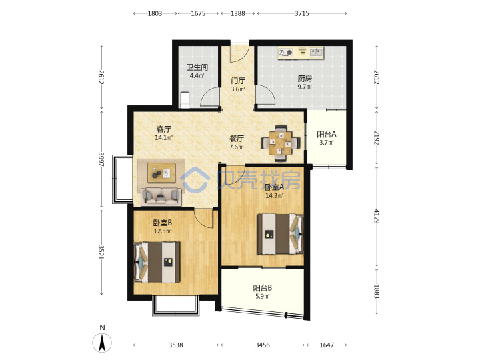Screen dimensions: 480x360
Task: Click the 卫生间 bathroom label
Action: point(197,67)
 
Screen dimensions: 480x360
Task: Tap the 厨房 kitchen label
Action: point(305,79)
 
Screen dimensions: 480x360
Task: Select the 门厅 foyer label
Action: point(238,81)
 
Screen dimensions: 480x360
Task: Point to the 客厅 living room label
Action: point(163,129)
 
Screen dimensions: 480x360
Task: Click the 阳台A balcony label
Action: point(326,134)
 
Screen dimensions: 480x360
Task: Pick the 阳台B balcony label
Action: point(263,288)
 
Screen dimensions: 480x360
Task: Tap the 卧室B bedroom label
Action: point(162,223)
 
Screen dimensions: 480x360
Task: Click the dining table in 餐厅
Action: point(281,143)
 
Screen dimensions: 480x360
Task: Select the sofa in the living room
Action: point(161,197)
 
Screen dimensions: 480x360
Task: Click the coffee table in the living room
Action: point(161,173)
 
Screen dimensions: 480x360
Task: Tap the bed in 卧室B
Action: point(157,262)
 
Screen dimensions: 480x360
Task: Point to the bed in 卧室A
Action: point(280,234)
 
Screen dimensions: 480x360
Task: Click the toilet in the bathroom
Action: point(185,100)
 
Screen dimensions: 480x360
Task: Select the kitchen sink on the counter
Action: point(316,53)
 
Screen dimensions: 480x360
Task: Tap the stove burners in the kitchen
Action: point(285,53)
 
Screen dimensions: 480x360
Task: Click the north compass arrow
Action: point(102,343)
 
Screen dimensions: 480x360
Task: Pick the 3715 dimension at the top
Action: point(302,13)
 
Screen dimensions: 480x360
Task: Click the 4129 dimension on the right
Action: point(377,216)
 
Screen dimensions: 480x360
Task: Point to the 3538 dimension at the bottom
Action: point(176,345)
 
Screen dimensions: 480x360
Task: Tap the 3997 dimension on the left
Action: point(101,159)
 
